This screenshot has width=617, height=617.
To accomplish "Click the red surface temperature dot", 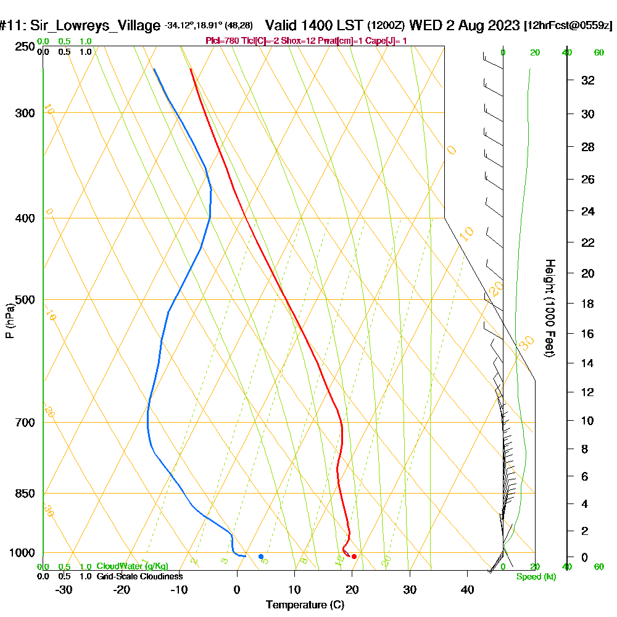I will pyautogui.click(x=354, y=557).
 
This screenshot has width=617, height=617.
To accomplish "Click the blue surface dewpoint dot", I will pyautogui.click(x=261, y=557).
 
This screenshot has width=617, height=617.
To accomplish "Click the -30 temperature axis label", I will pyautogui.click(x=64, y=590).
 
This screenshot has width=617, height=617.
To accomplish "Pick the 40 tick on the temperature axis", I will pyautogui.click(x=467, y=590).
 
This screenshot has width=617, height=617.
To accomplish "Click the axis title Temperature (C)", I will pyautogui.click(x=305, y=605).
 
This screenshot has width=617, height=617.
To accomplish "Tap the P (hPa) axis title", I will pyautogui.click(x=9, y=321).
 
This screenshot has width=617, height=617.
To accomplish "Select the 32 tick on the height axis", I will pyautogui.click(x=589, y=80).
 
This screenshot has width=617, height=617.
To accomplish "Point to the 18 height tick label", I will pyautogui.click(x=589, y=304).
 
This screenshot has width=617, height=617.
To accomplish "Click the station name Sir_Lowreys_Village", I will pyautogui.click(x=96, y=26).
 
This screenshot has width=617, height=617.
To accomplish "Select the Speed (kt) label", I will pyautogui.click(x=535, y=577).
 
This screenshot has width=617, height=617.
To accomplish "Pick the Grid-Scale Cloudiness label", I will pyautogui.click(x=139, y=576).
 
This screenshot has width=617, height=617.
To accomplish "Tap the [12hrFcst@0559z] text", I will pyautogui.click(x=568, y=26).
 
